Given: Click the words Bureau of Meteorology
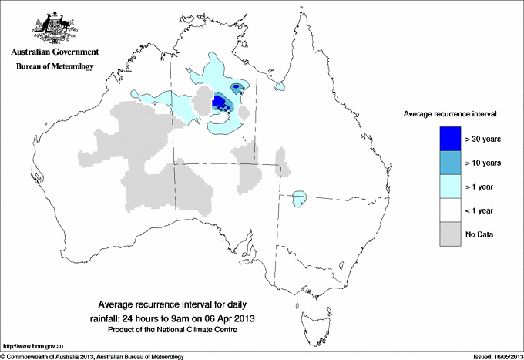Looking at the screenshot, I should pyautogui.click(x=55, y=67).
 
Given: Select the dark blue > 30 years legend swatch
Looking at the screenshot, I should pyautogui.click(x=450, y=139).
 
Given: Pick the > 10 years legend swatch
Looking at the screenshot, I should pyautogui.click(x=450, y=163).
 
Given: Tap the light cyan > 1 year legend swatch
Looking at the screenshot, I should pyautogui.click(x=450, y=187).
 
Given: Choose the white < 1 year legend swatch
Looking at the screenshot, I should pyautogui.click(x=450, y=210).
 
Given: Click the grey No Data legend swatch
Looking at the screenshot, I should pyautogui.click(x=450, y=234).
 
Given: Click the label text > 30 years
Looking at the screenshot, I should pyautogui.click(x=484, y=140).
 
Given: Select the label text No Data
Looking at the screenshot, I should pyautogui.click(x=479, y=234).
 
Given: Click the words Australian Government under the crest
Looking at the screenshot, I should pyautogui.click(x=55, y=52).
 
